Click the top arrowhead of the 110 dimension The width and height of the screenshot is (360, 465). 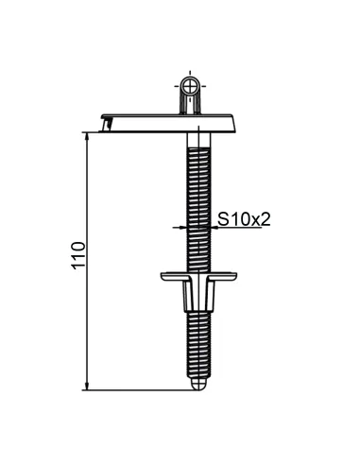[x=88, y=134]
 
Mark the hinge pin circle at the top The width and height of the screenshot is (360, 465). [x=192, y=86]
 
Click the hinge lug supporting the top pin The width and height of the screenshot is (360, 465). [x=192, y=101]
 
